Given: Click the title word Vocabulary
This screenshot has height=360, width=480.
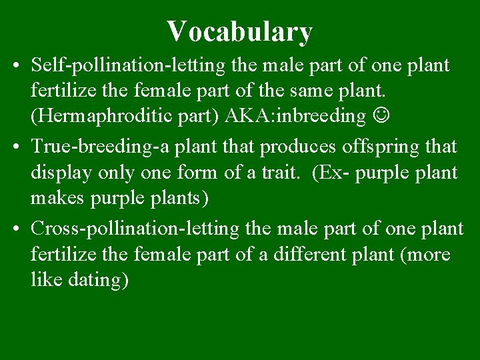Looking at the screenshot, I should [239, 31].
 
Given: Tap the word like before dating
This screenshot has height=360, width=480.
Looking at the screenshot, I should [46, 280].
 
